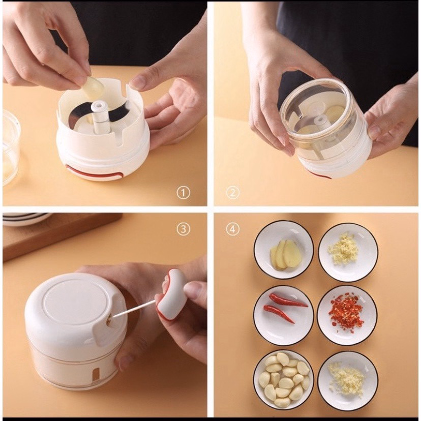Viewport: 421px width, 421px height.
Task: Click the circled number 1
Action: [x=184, y=193]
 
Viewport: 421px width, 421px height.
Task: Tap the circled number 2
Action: [x=232, y=193]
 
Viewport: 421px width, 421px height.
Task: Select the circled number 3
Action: [x=184, y=229]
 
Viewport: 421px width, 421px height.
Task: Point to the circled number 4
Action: [x=232, y=229]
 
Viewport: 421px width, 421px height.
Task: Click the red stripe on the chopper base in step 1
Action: [x=95, y=173]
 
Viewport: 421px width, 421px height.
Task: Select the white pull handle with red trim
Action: [x=171, y=294]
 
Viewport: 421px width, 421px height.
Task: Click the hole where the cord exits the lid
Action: [x=109, y=319]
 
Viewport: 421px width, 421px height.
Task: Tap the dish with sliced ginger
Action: [x=284, y=250]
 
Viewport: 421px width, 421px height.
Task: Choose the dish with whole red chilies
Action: [x=284, y=315]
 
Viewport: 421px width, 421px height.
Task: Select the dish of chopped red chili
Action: [x=347, y=315]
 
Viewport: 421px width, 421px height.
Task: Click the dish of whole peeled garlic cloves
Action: [x=284, y=380]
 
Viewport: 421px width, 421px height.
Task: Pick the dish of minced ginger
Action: [x=348, y=252]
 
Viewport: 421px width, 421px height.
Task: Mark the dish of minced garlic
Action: [x=348, y=381]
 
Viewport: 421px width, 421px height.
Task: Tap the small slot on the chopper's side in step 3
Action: [x=96, y=374]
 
